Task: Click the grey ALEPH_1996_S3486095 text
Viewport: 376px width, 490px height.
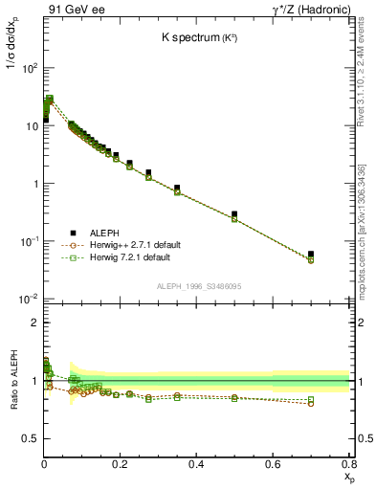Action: pyautogui.click(x=197, y=286)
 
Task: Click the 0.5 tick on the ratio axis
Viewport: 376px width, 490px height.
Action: pyautogui.click(x=30, y=438)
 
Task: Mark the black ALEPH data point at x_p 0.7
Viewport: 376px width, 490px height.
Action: pyautogui.click(x=311, y=255)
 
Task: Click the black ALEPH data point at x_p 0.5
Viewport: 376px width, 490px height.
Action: pyautogui.click(x=234, y=214)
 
